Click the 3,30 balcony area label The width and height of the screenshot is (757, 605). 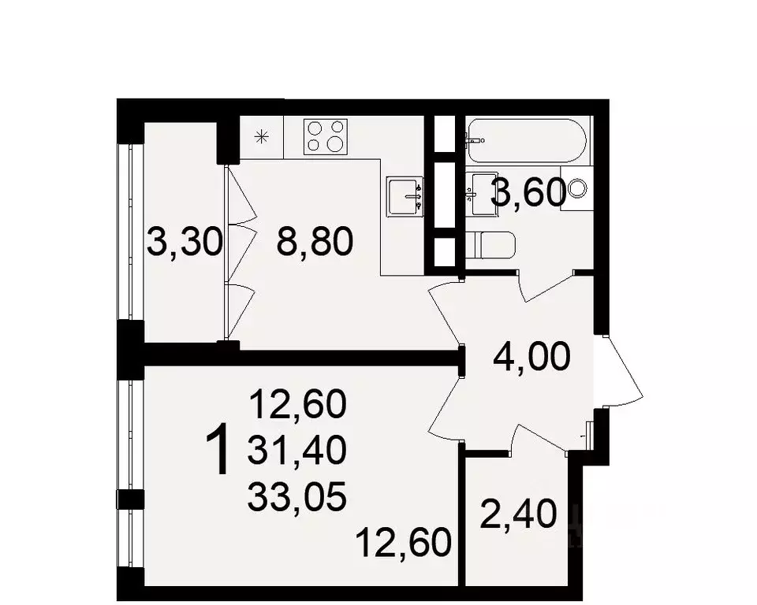[x=185, y=242]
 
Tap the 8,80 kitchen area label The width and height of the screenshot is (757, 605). [x=315, y=242]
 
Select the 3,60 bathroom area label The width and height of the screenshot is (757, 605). [x=528, y=192]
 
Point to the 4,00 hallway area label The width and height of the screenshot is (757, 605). [x=531, y=357]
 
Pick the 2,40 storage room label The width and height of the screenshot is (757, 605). [x=519, y=514]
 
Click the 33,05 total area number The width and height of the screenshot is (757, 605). [x=297, y=497]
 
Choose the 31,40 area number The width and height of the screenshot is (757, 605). [x=297, y=450]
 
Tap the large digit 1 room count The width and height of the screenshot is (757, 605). [x=217, y=450]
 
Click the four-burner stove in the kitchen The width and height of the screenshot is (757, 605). [x=326, y=136]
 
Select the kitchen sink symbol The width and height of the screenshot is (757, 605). [x=405, y=196]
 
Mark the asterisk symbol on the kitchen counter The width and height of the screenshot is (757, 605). [x=262, y=137]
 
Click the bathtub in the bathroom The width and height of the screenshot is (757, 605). [x=527, y=140]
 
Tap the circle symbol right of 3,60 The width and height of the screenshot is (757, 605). [x=577, y=187]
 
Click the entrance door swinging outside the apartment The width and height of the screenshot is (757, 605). [x=623, y=370]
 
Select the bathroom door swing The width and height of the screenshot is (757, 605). [x=547, y=287]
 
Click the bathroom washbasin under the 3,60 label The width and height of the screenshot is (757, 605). [x=483, y=195]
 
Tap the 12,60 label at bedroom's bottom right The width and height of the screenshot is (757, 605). [x=404, y=542]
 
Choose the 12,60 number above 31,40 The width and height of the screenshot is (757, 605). [x=297, y=403]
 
